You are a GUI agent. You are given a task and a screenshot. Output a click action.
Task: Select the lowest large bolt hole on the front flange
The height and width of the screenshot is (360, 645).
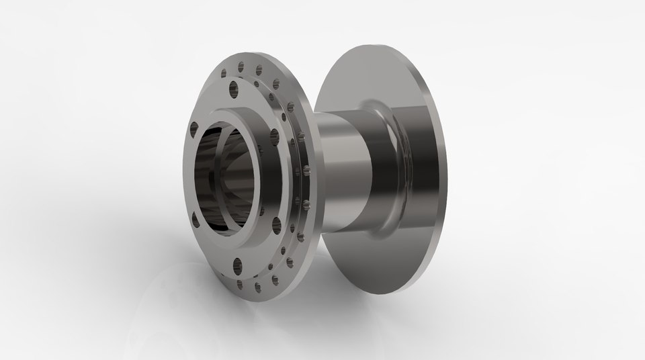236,263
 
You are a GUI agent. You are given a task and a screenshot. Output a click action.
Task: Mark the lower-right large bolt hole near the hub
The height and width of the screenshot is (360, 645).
275,223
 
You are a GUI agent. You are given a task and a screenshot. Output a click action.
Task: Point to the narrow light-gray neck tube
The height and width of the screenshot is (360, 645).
343,175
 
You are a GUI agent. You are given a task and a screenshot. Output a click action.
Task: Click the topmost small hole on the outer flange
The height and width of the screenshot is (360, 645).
241,65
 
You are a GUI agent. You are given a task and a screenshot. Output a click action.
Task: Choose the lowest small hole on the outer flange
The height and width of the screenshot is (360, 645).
257,286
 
